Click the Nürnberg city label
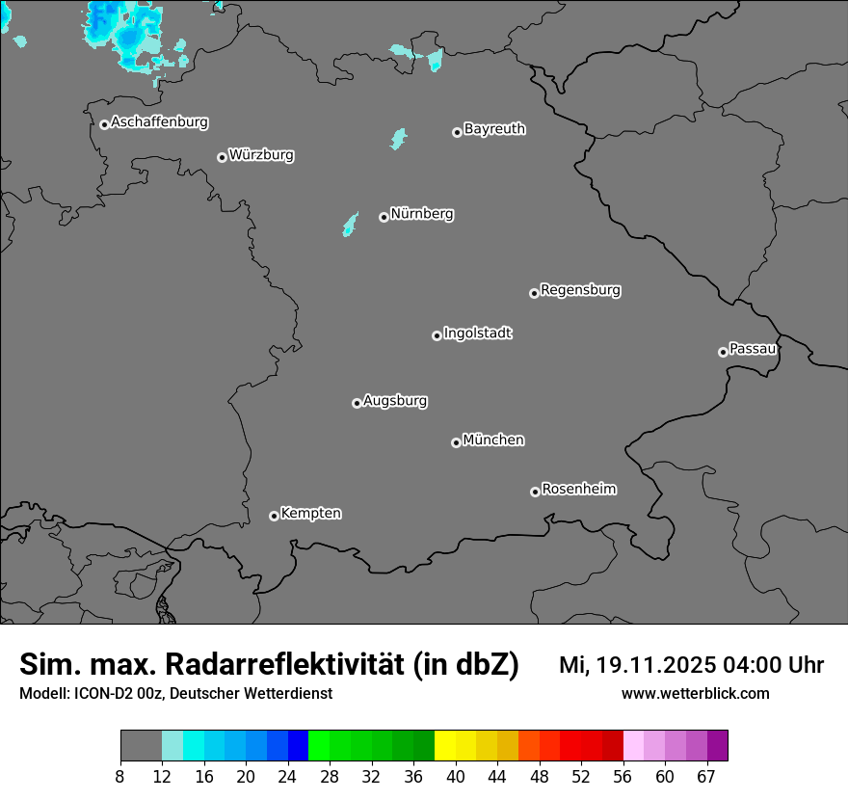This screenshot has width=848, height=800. pyautogui.click(x=422, y=214)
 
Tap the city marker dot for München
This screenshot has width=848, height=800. pyautogui.click(x=456, y=443)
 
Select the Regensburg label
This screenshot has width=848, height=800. pyautogui.click(x=580, y=290)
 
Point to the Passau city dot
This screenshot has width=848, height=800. pyautogui.click(x=723, y=352)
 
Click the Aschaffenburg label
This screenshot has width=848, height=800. pyautogui.click(x=159, y=122)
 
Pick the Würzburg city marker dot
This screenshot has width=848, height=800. pyautogui.click(x=222, y=157)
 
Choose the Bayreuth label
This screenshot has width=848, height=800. pyautogui.click(x=494, y=129)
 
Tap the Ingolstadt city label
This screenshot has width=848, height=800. pyautogui.click(x=478, y=333)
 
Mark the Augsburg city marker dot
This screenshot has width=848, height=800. pyautogui.click(x=357, y=403)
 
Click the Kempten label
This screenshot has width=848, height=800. pyautogui.click(x=310, y=514)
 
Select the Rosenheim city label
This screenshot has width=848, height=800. pyautogui.click(x=578, y=490)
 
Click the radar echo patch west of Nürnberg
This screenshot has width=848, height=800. pyautogui.click(x=350, y=226)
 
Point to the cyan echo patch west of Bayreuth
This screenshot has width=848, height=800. pyautogui.click(x=397, y=139)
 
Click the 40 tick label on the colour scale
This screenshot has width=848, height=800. pyautogui.click(x=455, y=777)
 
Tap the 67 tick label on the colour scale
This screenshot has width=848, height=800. pyautogui.click(x=705, y=777)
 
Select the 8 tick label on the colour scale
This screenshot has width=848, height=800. pyautogui.click(x=119, y=777)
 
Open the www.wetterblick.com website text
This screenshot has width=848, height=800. pyautogui.click(x=695, y=694)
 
